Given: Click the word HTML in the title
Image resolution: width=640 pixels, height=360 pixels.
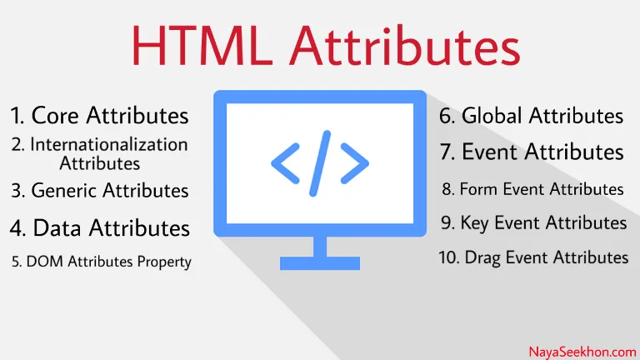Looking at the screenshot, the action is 202,46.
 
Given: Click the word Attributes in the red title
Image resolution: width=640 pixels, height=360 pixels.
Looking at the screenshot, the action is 405,46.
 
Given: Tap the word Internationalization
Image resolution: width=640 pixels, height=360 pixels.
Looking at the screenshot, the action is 109,144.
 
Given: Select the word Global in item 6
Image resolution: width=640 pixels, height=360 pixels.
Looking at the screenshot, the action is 492,116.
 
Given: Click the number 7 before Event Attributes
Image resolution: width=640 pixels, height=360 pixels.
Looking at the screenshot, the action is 447,152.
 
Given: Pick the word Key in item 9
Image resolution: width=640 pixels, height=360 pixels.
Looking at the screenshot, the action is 475,223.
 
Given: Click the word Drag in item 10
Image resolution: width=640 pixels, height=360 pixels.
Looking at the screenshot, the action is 482,258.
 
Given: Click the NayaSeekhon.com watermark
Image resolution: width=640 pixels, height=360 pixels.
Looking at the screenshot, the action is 582,352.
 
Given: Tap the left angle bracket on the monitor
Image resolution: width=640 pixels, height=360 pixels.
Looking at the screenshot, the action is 285,163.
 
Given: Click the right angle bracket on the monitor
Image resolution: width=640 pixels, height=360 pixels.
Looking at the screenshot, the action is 355,163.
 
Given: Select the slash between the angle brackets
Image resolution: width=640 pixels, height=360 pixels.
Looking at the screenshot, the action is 320,163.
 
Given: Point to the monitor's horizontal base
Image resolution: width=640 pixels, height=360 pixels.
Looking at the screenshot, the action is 320,263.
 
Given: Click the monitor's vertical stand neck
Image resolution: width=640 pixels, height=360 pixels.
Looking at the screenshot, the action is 320,247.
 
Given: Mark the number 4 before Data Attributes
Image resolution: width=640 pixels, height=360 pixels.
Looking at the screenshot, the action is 17,227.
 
